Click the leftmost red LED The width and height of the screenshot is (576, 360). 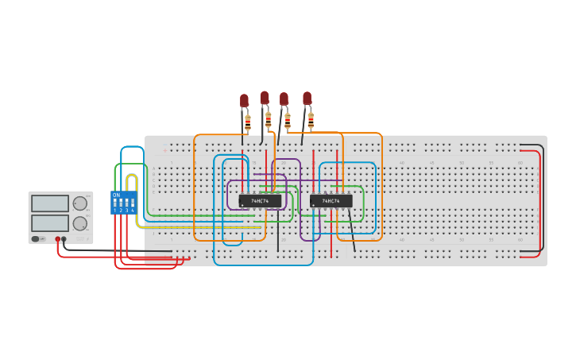245,101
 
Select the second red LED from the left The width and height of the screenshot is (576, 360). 265,98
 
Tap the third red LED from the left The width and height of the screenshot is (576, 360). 284,99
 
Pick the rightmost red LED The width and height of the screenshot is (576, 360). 307,99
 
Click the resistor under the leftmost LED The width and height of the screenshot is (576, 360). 248,123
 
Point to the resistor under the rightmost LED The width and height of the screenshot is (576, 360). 311,120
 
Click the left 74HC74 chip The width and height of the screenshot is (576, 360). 260,201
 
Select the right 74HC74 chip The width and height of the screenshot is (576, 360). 331,201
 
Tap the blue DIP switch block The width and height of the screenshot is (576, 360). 123,203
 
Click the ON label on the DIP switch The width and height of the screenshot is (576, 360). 116,195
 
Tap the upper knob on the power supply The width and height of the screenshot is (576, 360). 79,203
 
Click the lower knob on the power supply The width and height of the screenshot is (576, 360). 79,223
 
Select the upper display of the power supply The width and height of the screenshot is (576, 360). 49,203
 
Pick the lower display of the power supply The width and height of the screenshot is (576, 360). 49,223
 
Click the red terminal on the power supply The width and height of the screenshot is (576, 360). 57,238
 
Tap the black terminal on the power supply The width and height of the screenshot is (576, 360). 64,238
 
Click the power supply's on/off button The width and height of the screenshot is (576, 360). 36,238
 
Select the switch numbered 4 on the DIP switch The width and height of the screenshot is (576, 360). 132,203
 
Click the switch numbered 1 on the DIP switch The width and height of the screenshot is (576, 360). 115,203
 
